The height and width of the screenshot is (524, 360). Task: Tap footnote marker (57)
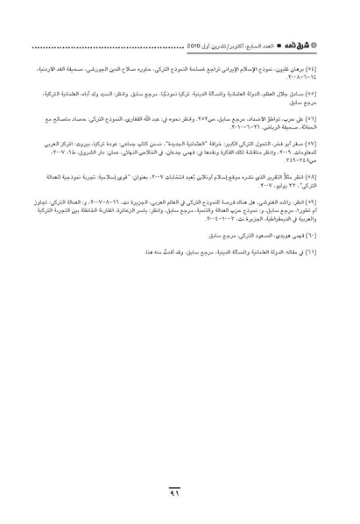[x=309, y=141]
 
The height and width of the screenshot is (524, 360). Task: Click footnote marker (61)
[x=309, y=251]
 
